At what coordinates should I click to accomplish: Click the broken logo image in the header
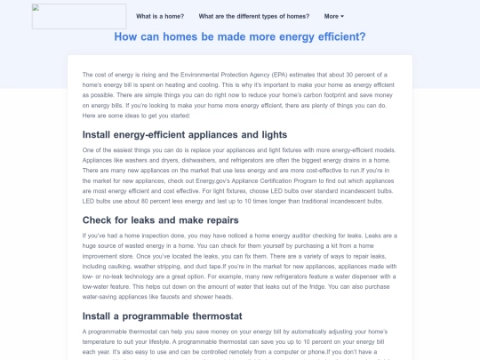click(77, 16)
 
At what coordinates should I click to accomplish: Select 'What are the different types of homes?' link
click(254, 16)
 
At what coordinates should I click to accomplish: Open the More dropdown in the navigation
click(334, 16)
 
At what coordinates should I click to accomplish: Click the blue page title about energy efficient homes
click(240, 37)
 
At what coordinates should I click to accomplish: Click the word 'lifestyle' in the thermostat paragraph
click(184, 340)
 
